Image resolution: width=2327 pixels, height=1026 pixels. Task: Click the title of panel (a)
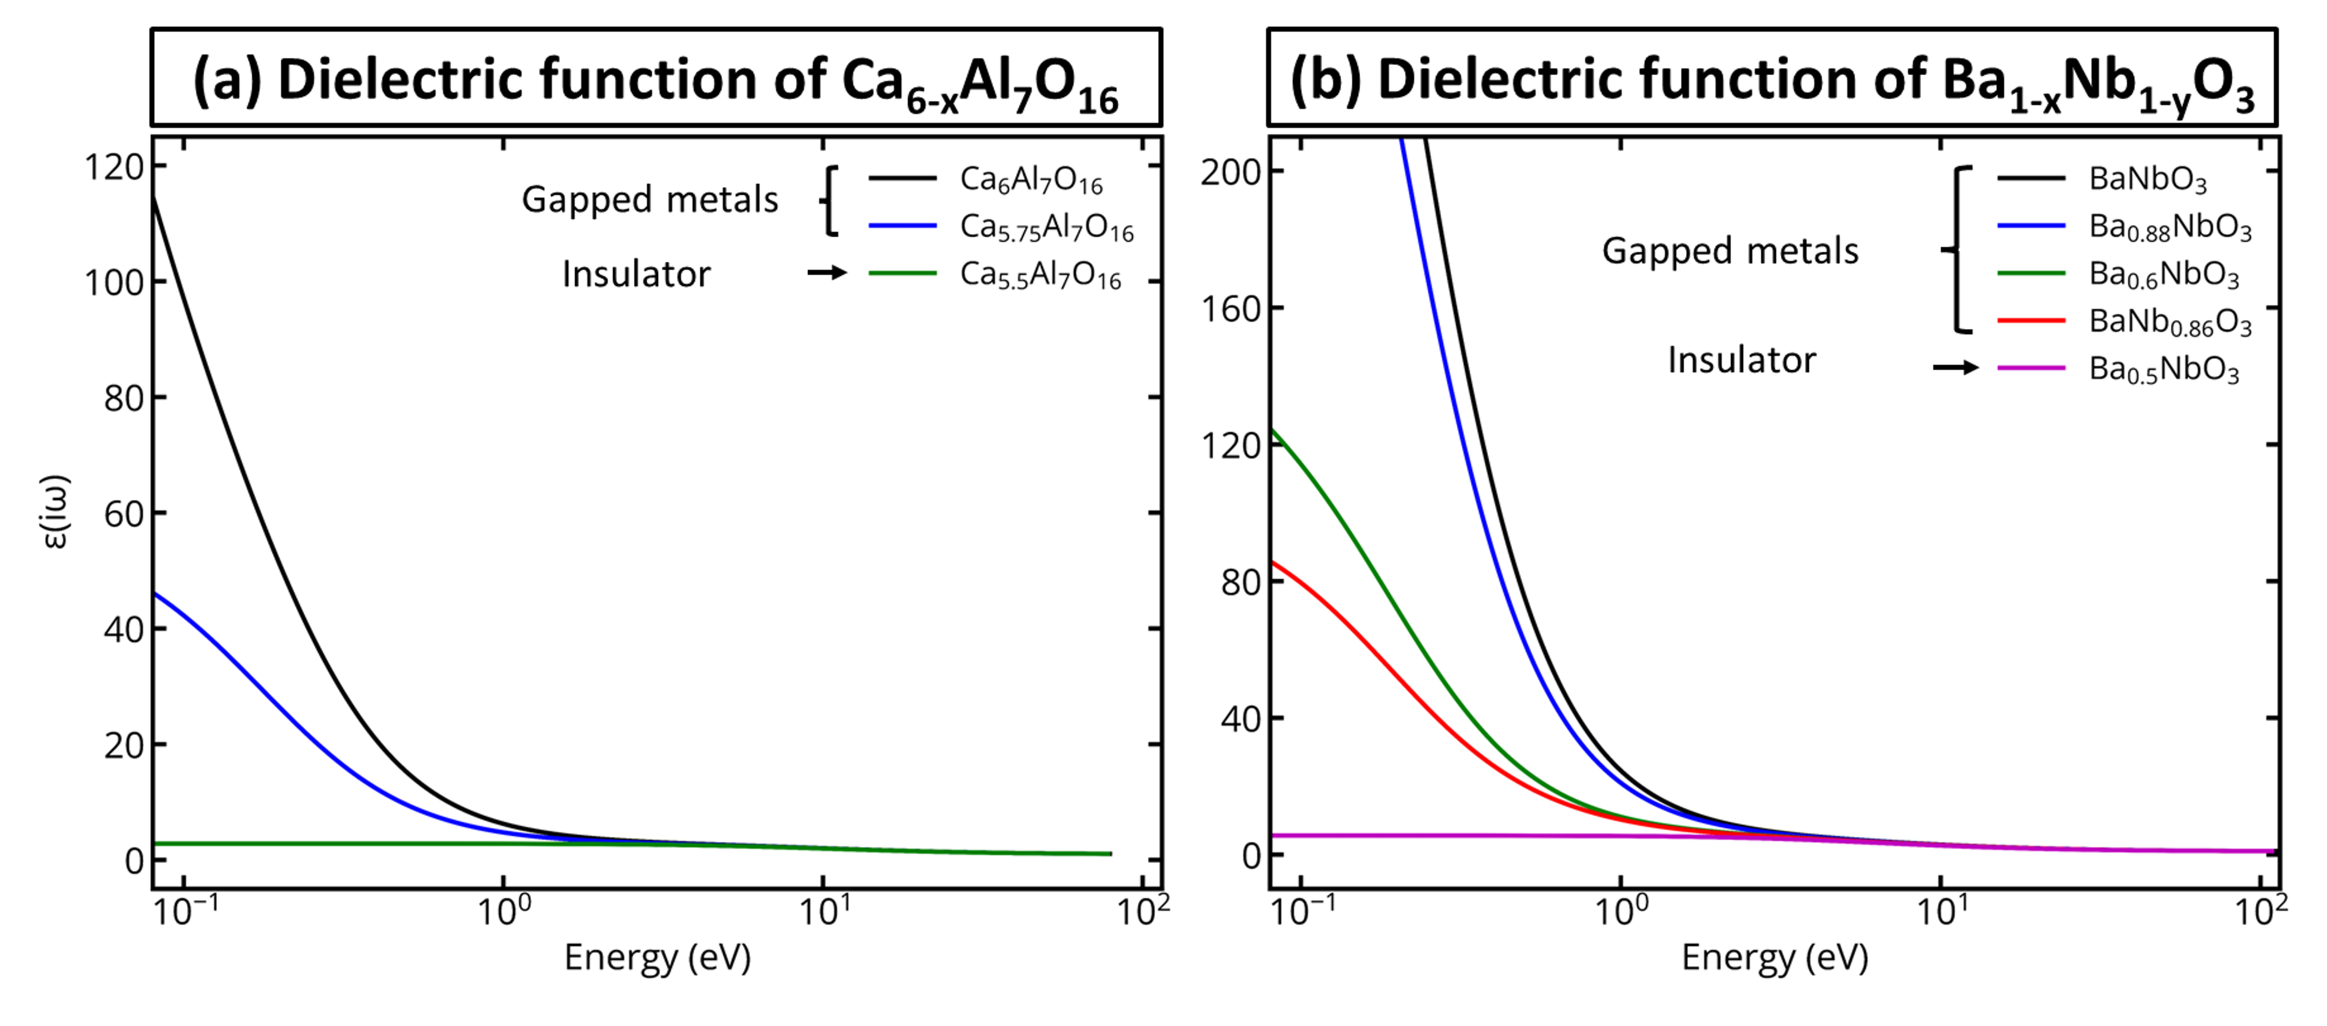(x=656, y=80)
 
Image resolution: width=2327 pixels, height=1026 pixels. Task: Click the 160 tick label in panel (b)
(x=1230, y=309)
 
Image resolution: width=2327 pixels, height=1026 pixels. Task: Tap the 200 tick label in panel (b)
(x=1230, y=172)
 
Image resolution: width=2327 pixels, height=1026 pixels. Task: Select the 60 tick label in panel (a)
(x=124, y=514)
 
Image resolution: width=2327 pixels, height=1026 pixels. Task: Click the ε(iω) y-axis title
(x=56, y=512)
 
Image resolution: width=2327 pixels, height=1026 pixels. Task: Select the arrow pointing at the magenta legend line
(x=1955, y=367)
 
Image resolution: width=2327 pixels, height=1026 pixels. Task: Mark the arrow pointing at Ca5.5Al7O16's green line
(x=826, y=272)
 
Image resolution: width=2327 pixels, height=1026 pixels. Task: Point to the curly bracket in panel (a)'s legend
(x=829, y=201)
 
